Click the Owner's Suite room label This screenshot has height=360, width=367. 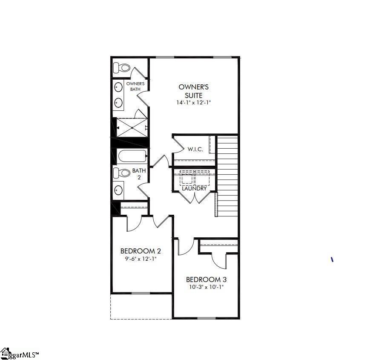(x=194, y=91)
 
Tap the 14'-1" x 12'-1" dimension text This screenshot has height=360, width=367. (x=194, y=102)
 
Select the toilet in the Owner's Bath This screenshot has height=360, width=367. (x=121, y=68)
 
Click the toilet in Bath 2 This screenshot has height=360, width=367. (x=122, y=173)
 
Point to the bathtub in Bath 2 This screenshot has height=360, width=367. (x=132, y=156)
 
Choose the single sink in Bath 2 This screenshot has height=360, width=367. (x=118, y=190)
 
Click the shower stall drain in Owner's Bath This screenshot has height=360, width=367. (x=132, y=128)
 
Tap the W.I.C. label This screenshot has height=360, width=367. (x=195, y=149)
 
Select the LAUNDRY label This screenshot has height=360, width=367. (x=194, y=189)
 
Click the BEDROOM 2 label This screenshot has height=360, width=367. (x=140, y=251)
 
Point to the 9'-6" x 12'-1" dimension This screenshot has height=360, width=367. (x=140, y=259)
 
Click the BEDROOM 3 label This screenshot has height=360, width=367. (x=206, y=279)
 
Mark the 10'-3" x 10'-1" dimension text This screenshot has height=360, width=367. (x=206, y=287)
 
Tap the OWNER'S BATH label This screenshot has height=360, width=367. (x=135, y=86)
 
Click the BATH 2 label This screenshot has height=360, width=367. (x=139, y=173)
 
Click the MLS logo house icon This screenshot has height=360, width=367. (x=6, y=354)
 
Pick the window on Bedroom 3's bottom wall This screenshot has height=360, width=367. (x=206, y=318)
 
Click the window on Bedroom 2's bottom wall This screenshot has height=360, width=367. (x=140, y=293)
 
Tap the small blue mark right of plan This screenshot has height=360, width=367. (x=332, y=259)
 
